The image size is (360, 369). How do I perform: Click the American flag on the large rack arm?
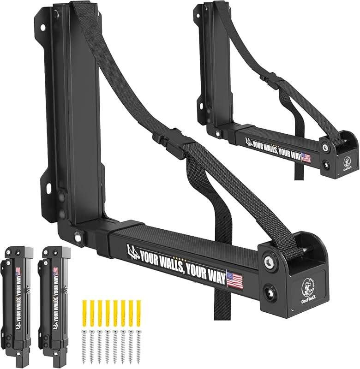[234, 280]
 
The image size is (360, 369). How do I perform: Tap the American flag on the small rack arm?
[306, 158]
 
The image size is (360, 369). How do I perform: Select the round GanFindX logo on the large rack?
[308, 286]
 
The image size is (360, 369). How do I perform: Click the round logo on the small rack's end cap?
[348, 162]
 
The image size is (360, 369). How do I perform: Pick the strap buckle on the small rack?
[273, 83]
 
